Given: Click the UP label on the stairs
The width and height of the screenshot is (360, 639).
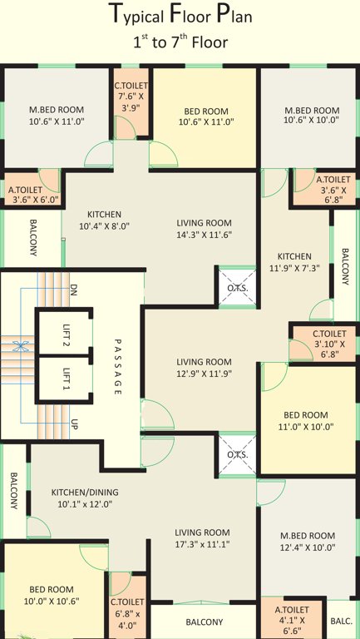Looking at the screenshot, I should tap(74, 424).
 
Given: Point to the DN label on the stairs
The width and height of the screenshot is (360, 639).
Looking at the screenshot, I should tap(73, 290).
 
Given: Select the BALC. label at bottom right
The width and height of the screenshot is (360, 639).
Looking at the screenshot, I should tap(341, 621).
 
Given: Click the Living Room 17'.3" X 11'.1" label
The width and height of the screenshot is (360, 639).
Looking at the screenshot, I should tap(202, 537).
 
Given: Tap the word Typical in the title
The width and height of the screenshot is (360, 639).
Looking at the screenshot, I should tap(137, 15).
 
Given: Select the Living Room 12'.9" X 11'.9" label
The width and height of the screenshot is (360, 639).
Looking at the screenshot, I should tap(204, 367).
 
